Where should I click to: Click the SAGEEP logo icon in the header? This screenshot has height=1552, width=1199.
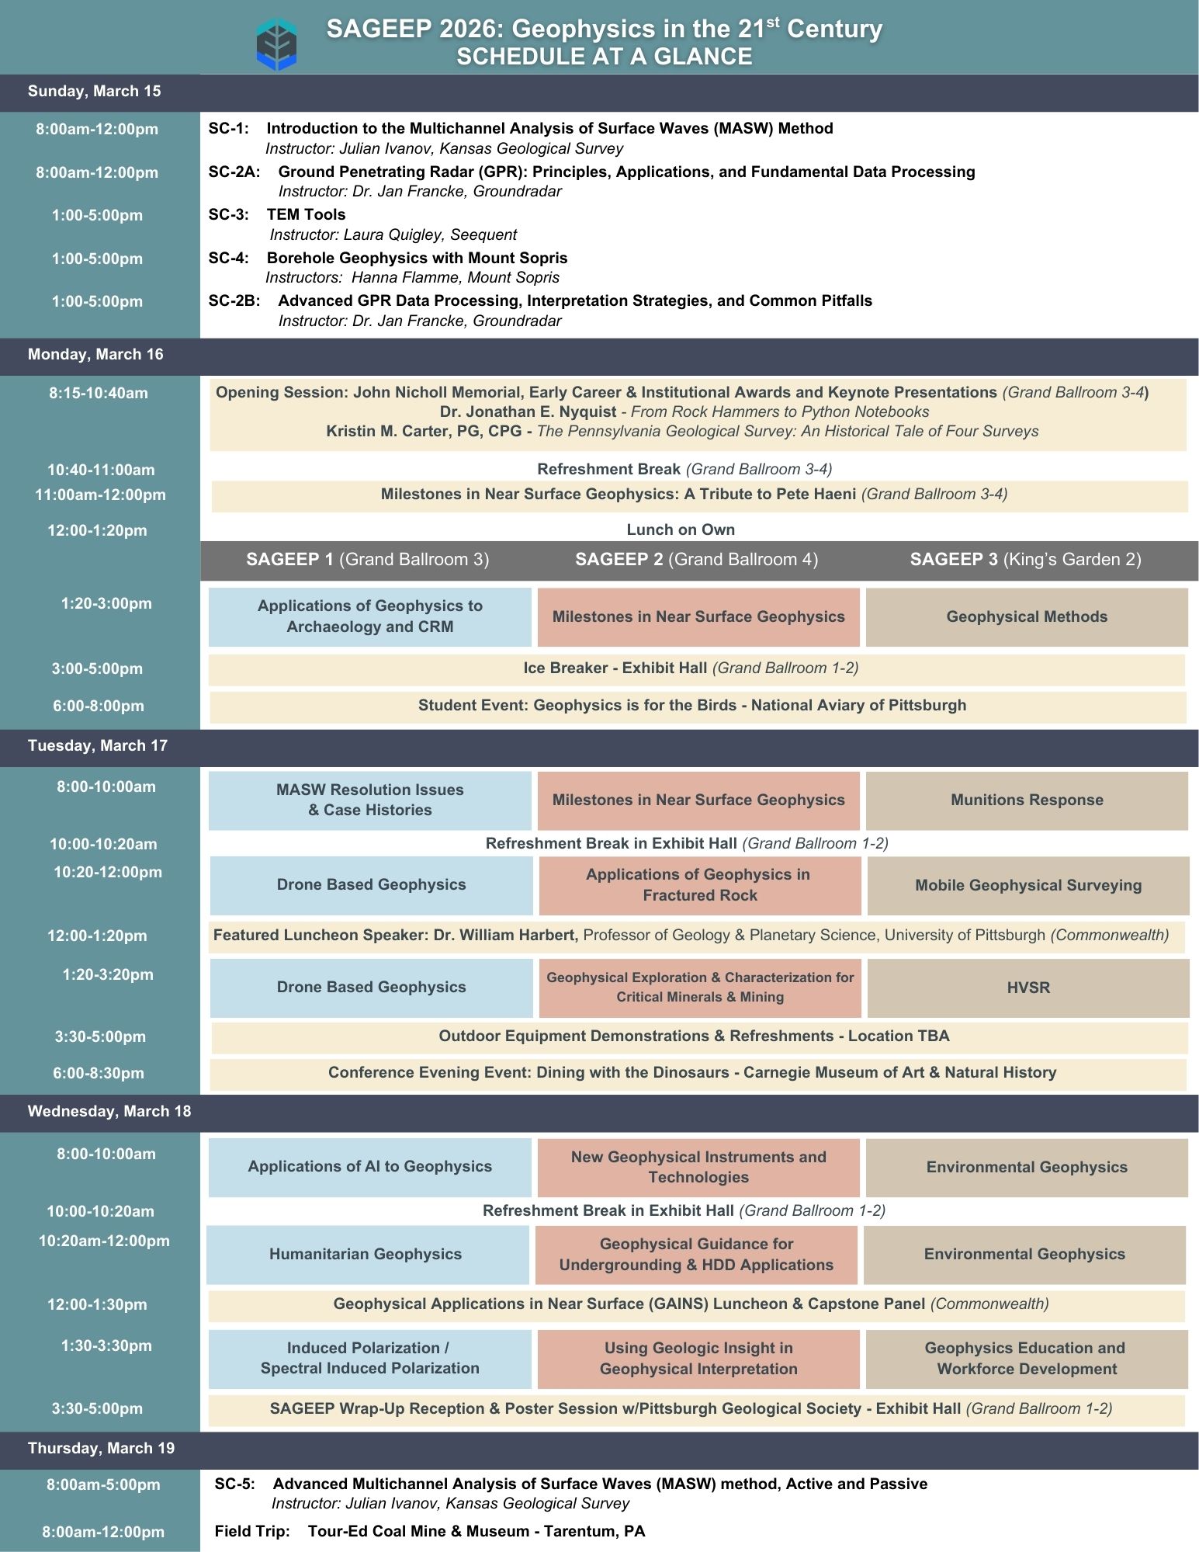(x=276, y=45)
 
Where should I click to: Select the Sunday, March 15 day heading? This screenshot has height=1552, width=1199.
(x=94, y=92)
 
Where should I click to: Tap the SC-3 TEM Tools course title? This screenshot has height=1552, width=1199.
(x=306, y=215)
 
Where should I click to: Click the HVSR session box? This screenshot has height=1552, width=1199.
(x=1027, y=988)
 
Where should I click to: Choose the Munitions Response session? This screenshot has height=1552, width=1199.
(x=1027, y=800)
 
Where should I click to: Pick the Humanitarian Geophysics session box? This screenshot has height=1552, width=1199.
(x=366, y=1255)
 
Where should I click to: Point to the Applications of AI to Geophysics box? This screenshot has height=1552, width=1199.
(x=369, y=1167)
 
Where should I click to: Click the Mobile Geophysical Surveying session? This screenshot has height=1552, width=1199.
(x=1027, y=886)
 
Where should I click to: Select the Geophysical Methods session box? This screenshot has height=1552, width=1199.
(x=1027, y=617)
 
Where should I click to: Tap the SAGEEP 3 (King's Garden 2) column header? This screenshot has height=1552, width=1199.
(x=1025, y=560)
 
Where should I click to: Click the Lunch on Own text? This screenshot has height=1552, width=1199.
(x=681, y=530)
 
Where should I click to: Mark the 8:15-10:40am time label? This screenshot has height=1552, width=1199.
(x=99, y=394)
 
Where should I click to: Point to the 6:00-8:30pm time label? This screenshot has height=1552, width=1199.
(x=99, y=1074)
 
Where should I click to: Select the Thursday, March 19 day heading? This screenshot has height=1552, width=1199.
(x=101, y=1449)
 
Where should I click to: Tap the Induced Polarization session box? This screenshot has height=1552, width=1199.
(x=369, y=1359)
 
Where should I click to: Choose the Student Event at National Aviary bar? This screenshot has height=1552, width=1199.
(x=691, y=706)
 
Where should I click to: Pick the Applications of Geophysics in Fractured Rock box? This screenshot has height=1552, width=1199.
(x=699, y=885)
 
